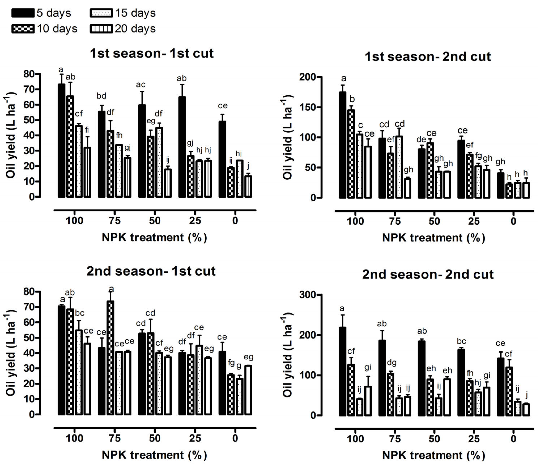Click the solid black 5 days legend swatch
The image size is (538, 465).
[23, 13]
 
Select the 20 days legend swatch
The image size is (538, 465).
[101, 29]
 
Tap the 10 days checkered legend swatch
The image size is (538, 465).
[23, 29]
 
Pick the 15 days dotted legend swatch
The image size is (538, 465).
[101, 13]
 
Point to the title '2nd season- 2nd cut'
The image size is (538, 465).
[428, 274]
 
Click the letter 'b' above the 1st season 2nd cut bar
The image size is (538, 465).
[352, 99]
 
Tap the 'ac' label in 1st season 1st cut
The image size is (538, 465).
[141, 85]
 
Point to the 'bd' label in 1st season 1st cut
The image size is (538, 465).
[101, 96]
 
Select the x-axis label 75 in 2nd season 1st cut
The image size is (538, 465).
[114, 438]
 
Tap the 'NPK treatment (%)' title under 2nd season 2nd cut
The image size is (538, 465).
[433, 455]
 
